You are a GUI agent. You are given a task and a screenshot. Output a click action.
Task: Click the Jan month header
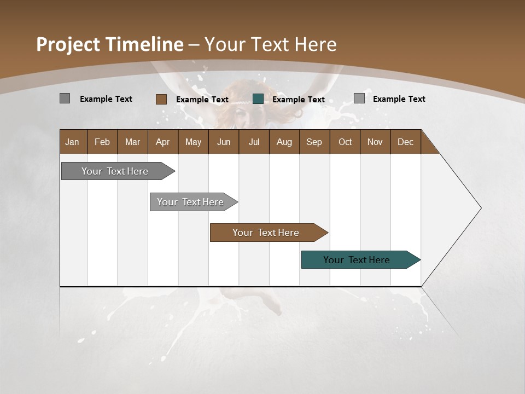point(73,142)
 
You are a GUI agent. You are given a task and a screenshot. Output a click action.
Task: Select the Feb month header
point(102,142)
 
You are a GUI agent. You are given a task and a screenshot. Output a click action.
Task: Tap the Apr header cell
point(162,142)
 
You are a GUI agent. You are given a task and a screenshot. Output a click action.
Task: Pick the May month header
point(193,142)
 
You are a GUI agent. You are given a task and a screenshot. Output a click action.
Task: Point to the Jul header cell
point(254,142)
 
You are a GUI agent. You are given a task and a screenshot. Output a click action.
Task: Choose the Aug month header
point(284,142)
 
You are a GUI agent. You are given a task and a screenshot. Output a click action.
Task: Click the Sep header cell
point(314,142)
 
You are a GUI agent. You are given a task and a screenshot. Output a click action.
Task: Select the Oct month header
point(345,142)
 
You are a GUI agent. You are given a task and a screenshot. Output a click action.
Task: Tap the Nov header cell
point(375,142)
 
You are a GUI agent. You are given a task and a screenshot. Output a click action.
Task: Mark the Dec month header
point(405,142)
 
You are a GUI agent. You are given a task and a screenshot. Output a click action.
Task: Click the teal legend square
point(258,99)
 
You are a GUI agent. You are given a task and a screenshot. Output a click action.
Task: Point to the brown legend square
point(161,99)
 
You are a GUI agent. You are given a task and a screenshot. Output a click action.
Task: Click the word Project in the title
point(69,44)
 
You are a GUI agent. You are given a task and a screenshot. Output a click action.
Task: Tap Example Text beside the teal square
point(298,100)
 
